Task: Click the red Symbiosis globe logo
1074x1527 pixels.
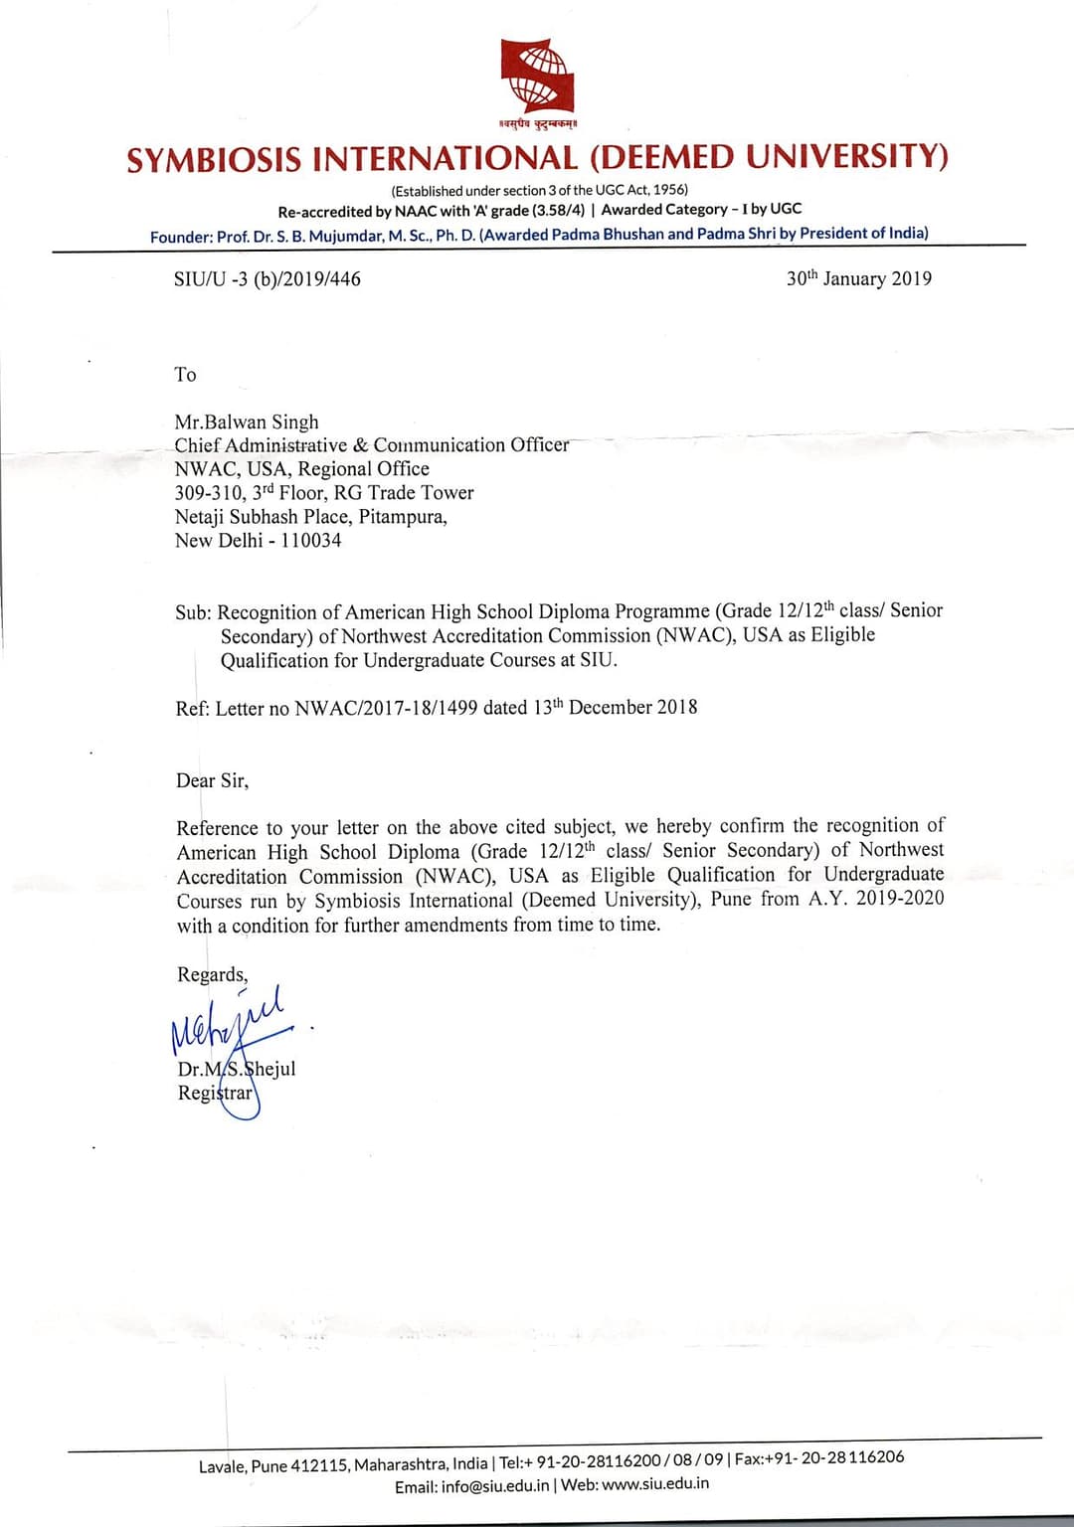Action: (537, 78)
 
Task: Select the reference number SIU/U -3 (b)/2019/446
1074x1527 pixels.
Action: (267, 279)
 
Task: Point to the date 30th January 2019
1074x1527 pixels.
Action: (859, 278)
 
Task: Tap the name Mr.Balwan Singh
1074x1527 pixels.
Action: (247, 422)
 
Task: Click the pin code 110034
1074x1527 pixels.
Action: (307, 541)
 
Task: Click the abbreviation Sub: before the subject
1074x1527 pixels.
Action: (193, 612)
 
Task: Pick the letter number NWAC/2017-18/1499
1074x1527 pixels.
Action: (386, 708)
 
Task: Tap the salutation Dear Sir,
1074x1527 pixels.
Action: (212, 780)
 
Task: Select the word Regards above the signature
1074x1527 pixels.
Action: (212, 974)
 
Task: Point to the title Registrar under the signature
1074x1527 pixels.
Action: (215, 1093)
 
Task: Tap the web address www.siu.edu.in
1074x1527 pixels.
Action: (655, 1483)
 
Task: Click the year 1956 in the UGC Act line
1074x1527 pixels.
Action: (669, 189)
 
